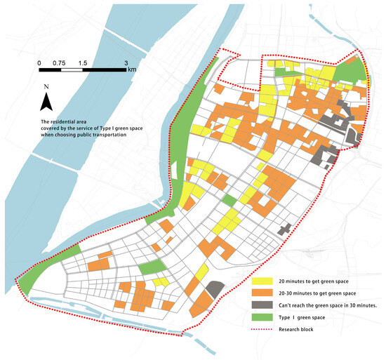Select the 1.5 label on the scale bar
[x=84, y=62]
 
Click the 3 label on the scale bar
[x=126, y=62]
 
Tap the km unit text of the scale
[x=132, y=70]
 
